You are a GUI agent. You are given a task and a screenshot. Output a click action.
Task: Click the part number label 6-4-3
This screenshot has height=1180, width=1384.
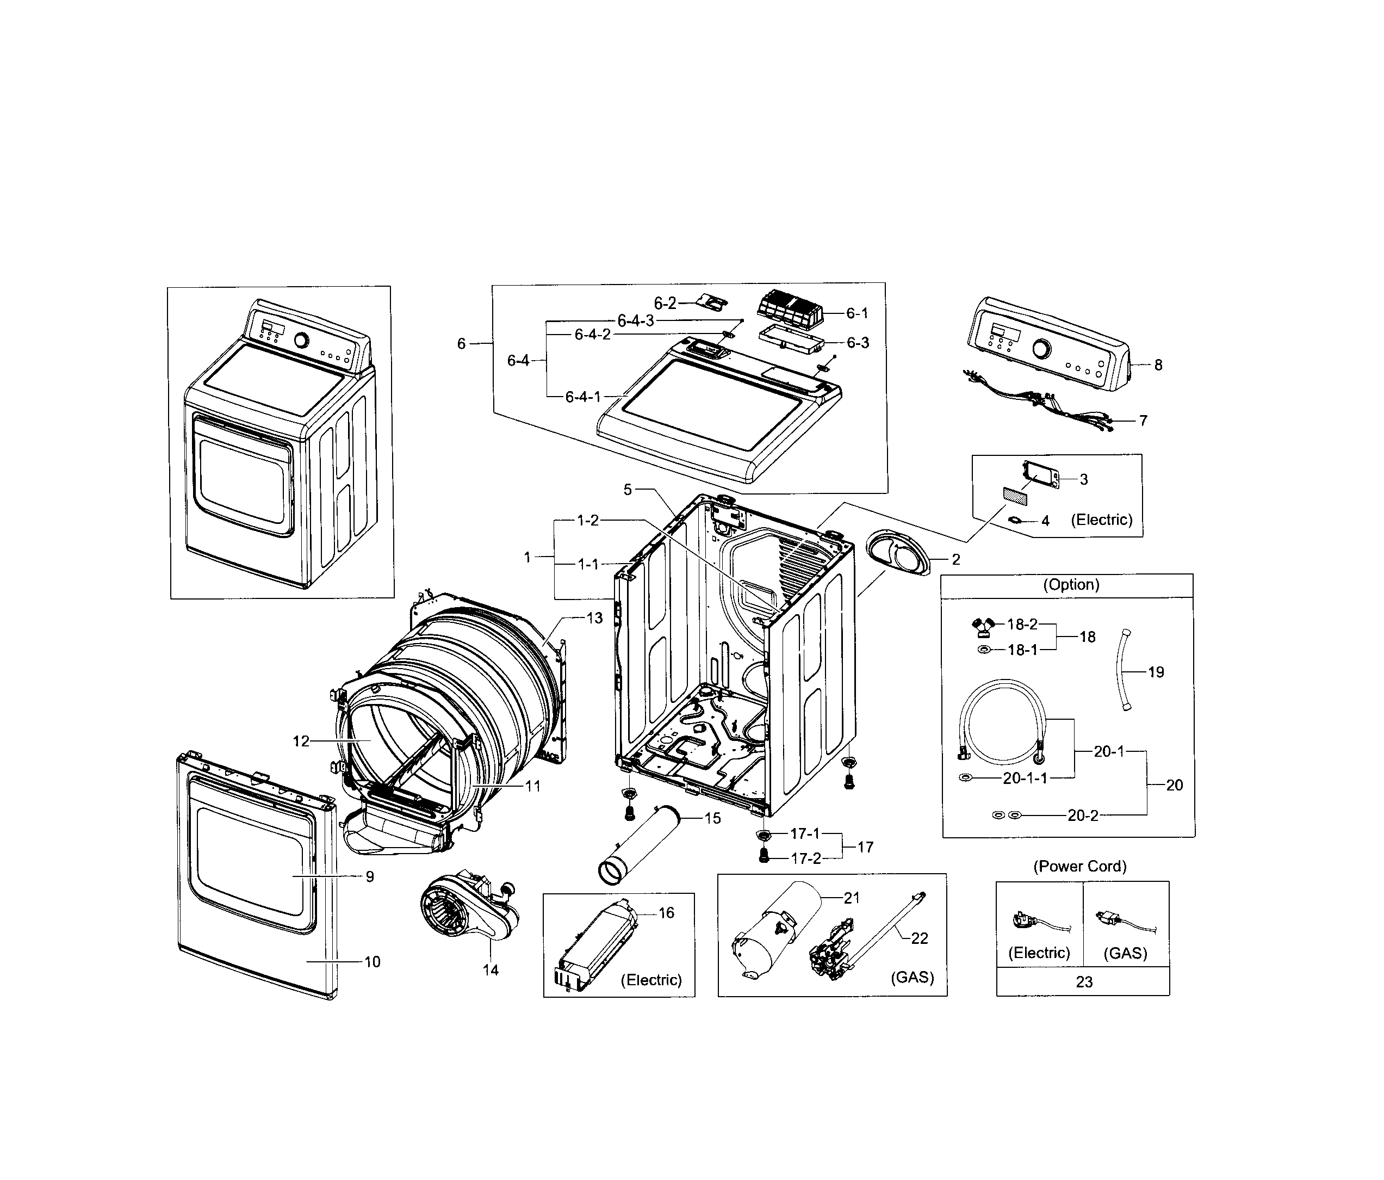tap(635, 321)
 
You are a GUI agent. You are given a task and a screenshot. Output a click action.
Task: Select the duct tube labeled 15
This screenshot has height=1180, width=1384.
tap(637, 847)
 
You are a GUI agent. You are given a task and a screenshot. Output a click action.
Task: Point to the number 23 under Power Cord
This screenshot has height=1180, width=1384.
tap(1083, 981)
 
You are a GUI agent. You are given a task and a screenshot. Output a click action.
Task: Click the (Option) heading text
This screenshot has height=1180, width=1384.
tap(1071, 585)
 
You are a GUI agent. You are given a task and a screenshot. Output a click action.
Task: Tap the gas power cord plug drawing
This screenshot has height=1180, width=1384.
tap(1114, 920)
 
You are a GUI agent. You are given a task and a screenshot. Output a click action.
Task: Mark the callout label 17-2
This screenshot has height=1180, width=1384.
tap(805, 858)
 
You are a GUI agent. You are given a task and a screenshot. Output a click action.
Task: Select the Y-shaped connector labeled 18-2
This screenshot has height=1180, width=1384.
tap(982, 626)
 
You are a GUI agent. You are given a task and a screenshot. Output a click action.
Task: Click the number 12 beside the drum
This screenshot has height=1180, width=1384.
tap(301, 741)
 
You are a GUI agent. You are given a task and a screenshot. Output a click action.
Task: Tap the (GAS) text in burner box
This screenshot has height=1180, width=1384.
tap(912, 977)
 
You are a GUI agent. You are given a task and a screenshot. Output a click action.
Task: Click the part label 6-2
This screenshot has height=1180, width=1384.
tap(665, 304)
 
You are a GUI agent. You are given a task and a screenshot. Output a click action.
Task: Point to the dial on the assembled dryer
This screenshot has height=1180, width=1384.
tap(302, 340)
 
